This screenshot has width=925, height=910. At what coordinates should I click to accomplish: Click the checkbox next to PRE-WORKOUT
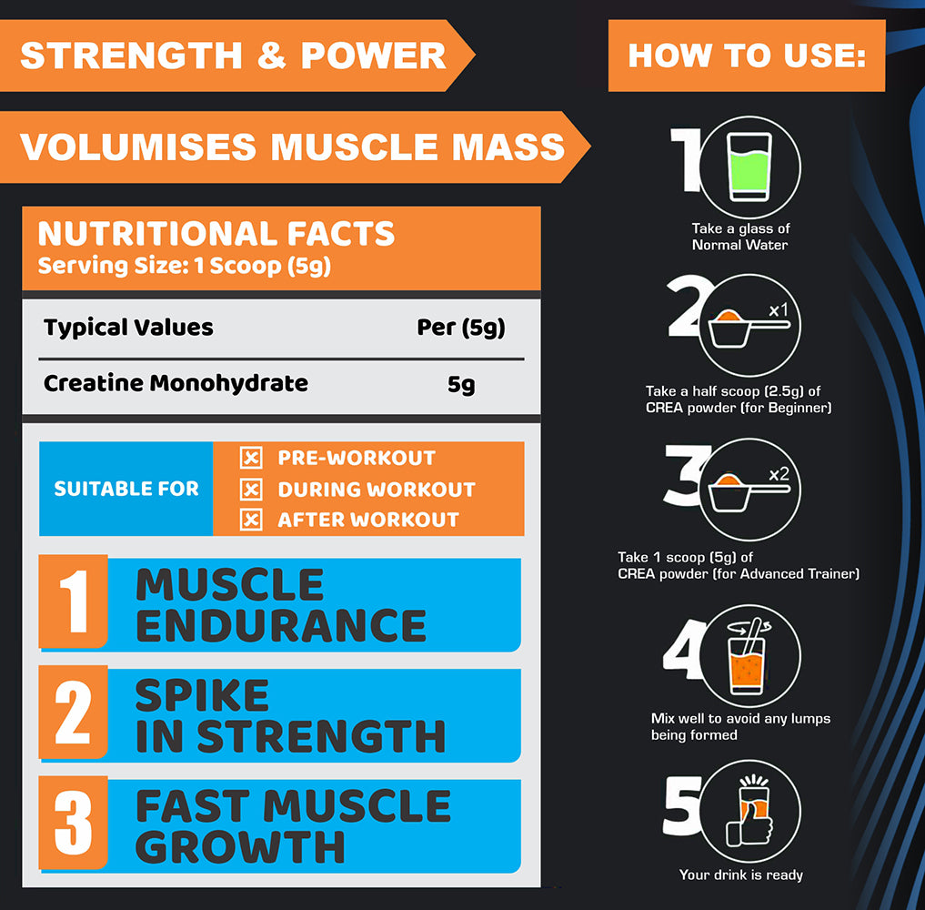click(251, 458)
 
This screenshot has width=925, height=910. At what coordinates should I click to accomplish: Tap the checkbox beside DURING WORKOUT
click(251, 490)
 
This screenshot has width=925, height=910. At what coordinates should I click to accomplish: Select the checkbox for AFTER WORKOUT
click(251, 520)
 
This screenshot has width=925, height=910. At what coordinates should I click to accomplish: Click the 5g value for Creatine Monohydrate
click(461, 384)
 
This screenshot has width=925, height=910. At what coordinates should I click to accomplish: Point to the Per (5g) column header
click(461, 328)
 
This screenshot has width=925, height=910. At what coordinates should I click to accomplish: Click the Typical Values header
click(128, 327)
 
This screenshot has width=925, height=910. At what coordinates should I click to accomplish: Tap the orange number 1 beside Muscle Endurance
click(74, 602)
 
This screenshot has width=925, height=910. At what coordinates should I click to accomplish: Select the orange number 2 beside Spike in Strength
click(74, 712)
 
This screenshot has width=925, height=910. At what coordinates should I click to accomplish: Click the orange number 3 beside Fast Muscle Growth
click(74, 823)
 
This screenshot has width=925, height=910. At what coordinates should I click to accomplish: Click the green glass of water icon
click(749, 167)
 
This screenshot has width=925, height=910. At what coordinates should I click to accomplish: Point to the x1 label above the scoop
click(779, 309)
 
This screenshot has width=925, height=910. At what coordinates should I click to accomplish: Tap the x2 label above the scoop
click(779, 474)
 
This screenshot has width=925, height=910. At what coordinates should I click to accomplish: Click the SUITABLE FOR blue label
click(126, 489)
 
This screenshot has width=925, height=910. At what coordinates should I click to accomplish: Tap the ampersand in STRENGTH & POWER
click(271, 56)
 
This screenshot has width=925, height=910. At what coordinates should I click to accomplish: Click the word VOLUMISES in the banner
click(138, 147)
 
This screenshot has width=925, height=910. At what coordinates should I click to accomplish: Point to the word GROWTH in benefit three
click(241, 847)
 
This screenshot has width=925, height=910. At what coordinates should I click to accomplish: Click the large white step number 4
click(684, 649)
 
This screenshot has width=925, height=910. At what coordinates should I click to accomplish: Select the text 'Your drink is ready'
click(741, 875)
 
